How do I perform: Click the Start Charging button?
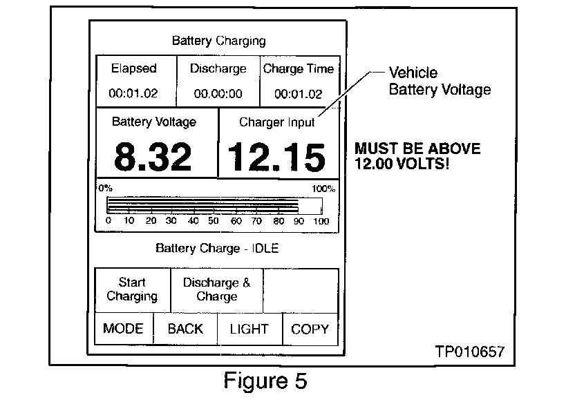click(132, 289)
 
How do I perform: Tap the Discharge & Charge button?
click(217, 289)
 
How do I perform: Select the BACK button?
click(185, 329)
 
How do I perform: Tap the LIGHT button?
click(249, 329)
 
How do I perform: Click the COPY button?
click(310, 329)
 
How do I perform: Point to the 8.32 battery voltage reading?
click(153, 157)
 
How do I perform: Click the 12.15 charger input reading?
click(276, 157)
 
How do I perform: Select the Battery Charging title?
click(218, 41)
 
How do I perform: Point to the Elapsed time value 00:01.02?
click(134, 94)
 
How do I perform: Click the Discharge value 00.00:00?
click(218, 94)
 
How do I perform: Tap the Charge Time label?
click(299, 69)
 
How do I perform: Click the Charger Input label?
click(276, 123)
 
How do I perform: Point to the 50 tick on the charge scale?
click(214, 221)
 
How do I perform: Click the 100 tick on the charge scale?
click(321, 221)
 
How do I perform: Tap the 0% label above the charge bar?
click(105, 188)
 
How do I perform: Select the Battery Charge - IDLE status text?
click(217, 248)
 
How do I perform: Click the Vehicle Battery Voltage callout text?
click(440, 81)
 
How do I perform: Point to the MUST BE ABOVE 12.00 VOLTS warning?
click(417, 157)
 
